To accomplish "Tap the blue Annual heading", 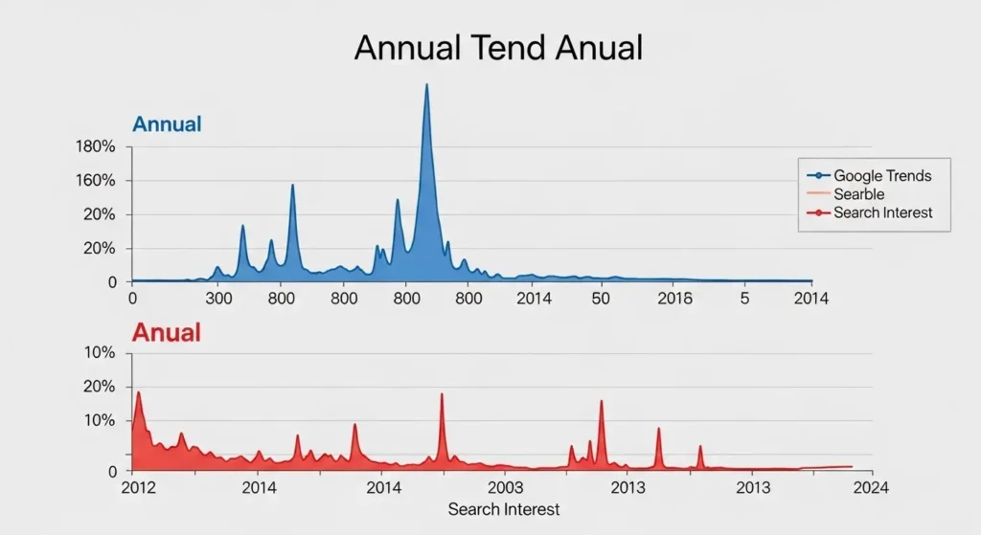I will coord(167,124).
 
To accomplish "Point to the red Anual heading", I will coord(166,332).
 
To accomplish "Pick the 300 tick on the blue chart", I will coord(218,299).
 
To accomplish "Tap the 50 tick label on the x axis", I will coord(601,299).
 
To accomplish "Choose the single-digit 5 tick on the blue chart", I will coord(745,299).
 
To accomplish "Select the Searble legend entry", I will coord(859,194).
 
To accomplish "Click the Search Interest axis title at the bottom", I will coord(503,509).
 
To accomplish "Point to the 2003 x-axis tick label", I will coord(505,488).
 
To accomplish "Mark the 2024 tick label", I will coord(869,488).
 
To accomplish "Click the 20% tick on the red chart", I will coord(100,387).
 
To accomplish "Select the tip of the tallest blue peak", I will coord(426,85).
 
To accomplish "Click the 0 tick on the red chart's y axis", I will coord(111,471).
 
